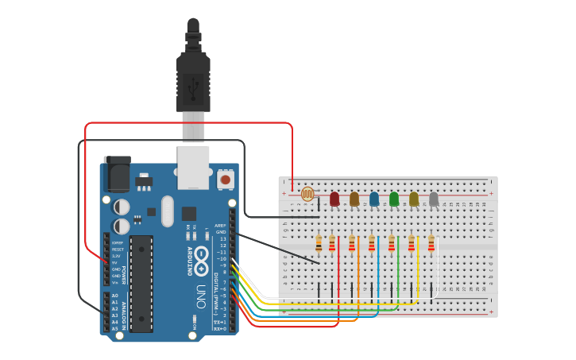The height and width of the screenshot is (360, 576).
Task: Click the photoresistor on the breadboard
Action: point(307,193)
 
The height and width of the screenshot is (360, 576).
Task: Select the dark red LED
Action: point(334,199)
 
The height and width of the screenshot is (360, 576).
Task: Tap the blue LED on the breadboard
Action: point(374,199)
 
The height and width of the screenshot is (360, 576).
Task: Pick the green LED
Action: point(394,199)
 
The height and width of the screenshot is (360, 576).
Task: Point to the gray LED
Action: point(434,199)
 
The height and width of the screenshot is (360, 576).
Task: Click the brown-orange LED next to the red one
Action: point(354,199)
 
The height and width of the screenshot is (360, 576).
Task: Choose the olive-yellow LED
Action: point(414,199)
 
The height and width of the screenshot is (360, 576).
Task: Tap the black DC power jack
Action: point(118,174)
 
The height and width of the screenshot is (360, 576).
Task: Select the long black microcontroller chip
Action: point(141,283)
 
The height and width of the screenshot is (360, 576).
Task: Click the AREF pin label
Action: point(220,225)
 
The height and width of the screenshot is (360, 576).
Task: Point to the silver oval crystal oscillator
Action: point(167,211)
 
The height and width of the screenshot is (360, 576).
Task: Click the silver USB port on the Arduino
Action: point(193,166)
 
